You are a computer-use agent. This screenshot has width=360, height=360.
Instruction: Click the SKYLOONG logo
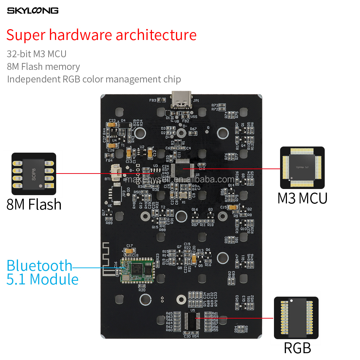pyautogui.click(x=33, y=10)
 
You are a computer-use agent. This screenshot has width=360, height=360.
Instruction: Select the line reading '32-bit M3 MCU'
pyautogui.click(x=37, y=54)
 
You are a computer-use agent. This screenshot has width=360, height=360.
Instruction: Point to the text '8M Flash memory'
pyautogui.click(x=43, y=67)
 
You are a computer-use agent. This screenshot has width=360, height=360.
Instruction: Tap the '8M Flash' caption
pyautogui.click(x=34, y=204)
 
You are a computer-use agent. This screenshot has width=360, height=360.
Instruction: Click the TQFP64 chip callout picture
pyautogui.click(x=302, y=168)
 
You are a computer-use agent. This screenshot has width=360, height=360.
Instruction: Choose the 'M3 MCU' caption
pyautogui.click(x=302, y=198)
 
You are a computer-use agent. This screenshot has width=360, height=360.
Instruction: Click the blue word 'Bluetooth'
pyautogui.click(x=40, y=266)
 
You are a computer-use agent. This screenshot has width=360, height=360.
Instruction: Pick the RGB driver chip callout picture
pyautogui.click(x=296, y=318)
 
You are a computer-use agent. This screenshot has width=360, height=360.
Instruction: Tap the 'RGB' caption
pyautogui.click(x=297, y=348)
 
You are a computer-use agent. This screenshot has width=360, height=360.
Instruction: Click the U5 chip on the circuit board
pyautogui.click(x=192, y=320)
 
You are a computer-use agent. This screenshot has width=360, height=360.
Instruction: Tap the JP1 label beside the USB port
pyautogui.click(x=196, y=101)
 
